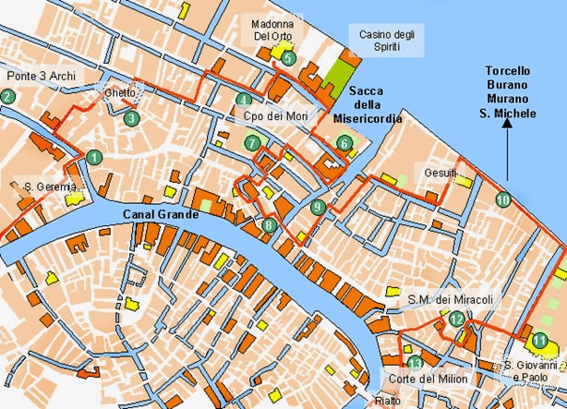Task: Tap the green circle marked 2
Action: coord(7,96)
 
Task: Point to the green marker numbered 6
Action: coord(344,143)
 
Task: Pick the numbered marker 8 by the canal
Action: coord(269,224)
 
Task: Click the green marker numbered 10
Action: coord(502,198)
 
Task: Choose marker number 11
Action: coord(539,341)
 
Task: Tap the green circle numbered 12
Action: coord(457,319)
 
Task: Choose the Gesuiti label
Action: coord(439,173)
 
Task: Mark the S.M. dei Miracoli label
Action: coord(451,299)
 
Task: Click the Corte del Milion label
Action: coord(440,379)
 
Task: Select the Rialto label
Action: coord(387,401)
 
